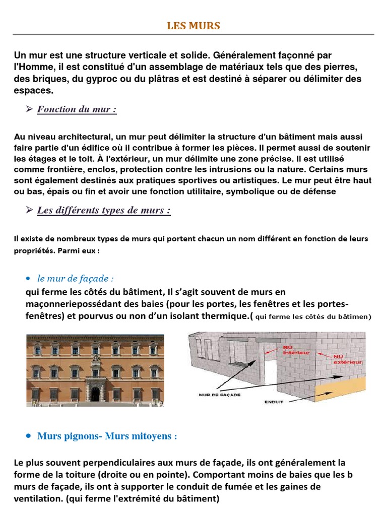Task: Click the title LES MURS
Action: click(193, 26)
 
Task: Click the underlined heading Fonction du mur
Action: click(77, 109)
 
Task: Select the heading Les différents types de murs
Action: click(104, 210)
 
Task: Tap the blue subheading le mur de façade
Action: click(76, 278)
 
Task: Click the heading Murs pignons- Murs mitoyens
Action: click(107, 436)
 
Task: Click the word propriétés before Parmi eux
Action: click(35, 250)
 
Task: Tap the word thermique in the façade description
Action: click(225, 315)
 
